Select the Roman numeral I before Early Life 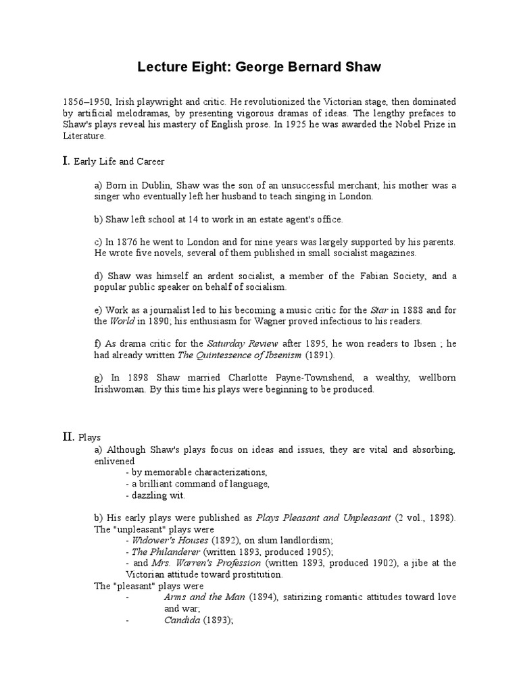(x=66, y=161)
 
